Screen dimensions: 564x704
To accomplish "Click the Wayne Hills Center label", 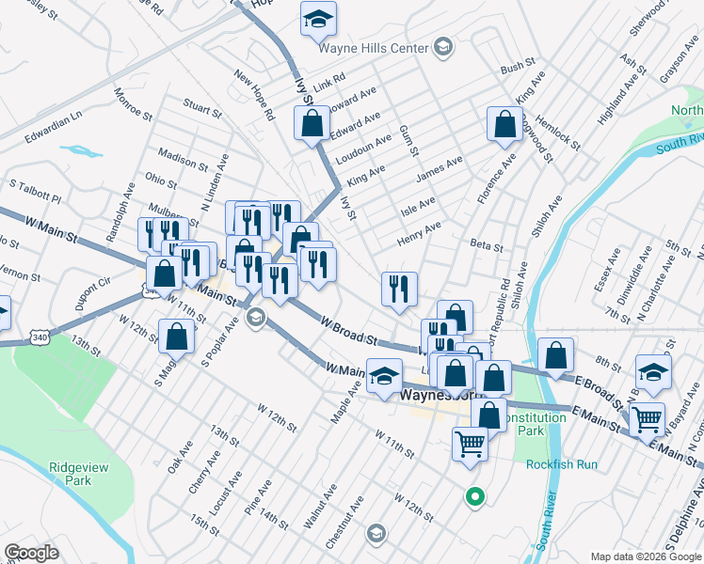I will [374, 47].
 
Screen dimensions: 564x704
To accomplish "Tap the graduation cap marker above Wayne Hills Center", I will [318, 18].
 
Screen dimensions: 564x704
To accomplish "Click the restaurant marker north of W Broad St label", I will [399, 289].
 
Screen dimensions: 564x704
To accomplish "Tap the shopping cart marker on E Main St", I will [647, 419].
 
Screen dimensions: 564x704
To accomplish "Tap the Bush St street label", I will [518, 69].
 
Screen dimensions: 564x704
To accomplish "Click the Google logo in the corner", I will [32, 553].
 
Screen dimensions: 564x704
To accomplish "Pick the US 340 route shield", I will [39, 335].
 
